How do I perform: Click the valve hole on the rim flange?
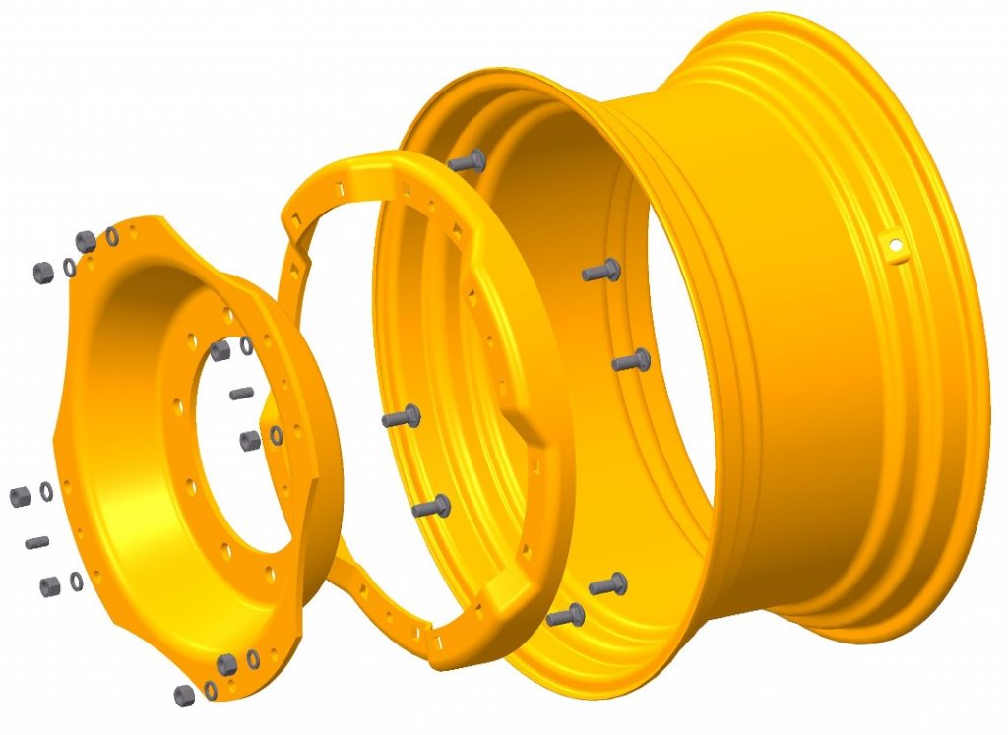point(894,247)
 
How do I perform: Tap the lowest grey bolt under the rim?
point(565,617)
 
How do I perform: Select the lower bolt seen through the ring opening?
point(431,507)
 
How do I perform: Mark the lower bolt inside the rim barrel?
point(631,362)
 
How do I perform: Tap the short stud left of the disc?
point(37,542)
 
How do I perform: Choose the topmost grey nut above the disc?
point(86,240)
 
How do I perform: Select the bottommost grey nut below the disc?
point(184,695)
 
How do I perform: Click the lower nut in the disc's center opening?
point(250,439)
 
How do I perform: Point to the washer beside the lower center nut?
point(277,434)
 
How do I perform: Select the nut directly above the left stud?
point(20,496)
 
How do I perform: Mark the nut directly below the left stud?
point(50,586)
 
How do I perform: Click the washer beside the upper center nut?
point(246,344)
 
